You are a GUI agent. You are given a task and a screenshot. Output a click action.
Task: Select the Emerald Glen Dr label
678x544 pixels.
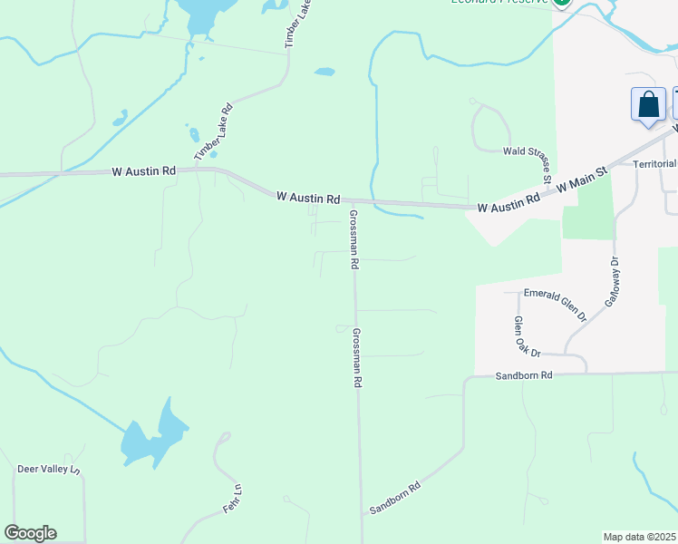point(557,305)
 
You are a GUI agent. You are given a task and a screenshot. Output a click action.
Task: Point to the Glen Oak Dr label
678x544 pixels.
point(526,336)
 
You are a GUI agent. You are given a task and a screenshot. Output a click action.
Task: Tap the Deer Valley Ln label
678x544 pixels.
point(49,470)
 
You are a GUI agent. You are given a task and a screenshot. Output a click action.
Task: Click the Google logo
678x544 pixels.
point(30,533)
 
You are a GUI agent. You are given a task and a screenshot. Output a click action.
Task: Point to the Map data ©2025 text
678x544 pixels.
point(639,537)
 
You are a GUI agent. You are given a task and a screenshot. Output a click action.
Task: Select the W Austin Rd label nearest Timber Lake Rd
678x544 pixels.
point(143,170)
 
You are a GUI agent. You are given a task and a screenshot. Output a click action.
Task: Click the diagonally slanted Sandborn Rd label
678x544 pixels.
point(396,499)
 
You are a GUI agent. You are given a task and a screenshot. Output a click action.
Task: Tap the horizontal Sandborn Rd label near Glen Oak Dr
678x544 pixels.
point(524,374)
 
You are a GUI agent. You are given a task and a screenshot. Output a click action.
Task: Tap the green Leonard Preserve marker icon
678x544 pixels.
point(562,4)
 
